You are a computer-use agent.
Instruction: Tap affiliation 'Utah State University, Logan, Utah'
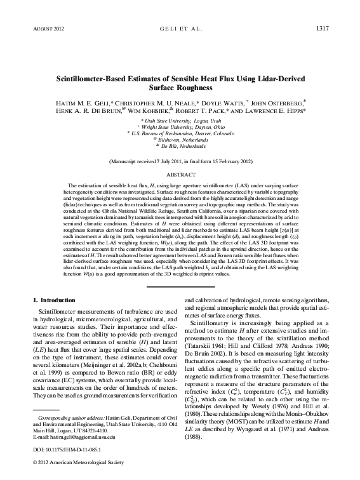click(x=181, y=120)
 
